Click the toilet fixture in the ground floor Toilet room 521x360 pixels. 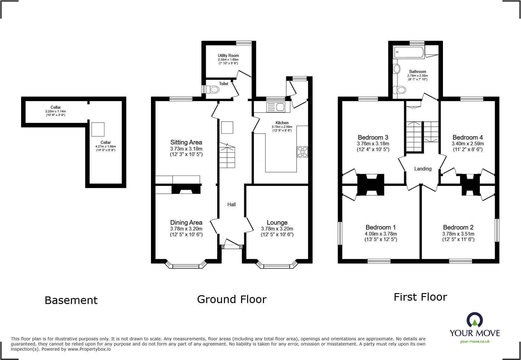[214, 90]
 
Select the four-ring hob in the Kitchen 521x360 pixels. [302, 152]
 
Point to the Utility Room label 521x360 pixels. [228, 56]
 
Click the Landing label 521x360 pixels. [423, 169]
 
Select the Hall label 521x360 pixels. [231, 205]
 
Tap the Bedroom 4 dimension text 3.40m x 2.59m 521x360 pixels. [467, 144]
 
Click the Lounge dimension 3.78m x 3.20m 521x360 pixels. [277, 229]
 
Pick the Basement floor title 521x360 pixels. [71, 300]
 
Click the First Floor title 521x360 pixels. [420, 297]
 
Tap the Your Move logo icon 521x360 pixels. [474, 320]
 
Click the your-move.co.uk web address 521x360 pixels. [475, 342]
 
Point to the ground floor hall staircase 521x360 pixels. [227, 156]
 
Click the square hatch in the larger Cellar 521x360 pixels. [98, 130]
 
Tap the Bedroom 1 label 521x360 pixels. [381, 227]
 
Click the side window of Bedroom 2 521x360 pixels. [497, 230]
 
